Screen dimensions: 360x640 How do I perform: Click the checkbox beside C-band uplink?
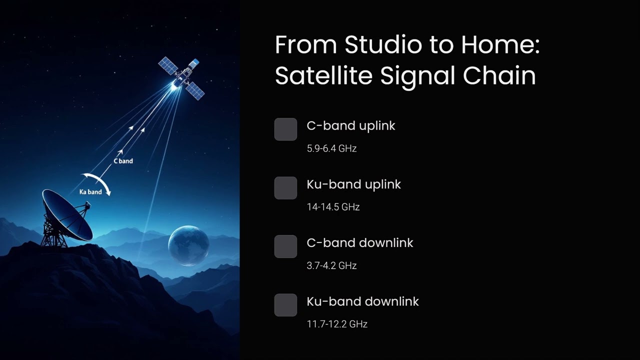(285, 129)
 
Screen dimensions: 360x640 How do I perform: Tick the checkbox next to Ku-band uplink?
(285, 188)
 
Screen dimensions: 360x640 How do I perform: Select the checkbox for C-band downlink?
(285, 246)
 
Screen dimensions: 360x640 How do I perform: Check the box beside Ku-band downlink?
(285, 305)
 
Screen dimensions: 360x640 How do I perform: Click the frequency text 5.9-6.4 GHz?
(331, 148)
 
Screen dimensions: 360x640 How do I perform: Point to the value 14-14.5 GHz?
(333, 207)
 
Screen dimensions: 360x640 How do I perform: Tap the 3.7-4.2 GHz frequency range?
(331, 265)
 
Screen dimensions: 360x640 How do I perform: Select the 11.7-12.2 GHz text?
(337, 324)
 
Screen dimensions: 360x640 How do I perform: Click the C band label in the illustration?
(123, 161)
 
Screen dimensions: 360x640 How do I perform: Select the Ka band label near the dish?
(90, 192)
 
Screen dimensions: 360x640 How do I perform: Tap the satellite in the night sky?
(181, 77)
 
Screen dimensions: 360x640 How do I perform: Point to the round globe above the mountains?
(188, 244)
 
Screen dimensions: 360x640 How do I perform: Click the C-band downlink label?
(359, 243)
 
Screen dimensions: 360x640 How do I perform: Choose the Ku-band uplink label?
(353, 184)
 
